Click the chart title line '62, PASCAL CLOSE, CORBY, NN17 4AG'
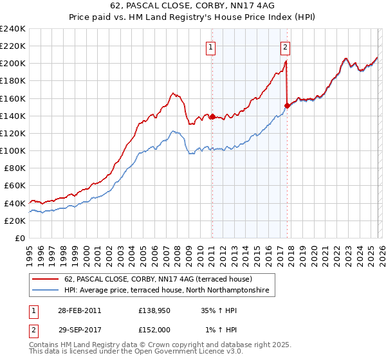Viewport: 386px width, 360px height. click(x=192, y=6)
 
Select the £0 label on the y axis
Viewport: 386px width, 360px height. click(x=19, y=238)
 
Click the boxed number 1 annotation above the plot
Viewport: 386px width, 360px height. click(x=211, y=46)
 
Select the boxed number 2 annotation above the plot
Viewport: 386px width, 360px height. click(x=284, y=46)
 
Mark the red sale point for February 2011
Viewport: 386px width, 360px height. click(x=212, y=117)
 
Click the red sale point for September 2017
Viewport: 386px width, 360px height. click(x=287, y=105)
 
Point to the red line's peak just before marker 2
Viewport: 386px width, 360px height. click(x=286, y=61)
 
